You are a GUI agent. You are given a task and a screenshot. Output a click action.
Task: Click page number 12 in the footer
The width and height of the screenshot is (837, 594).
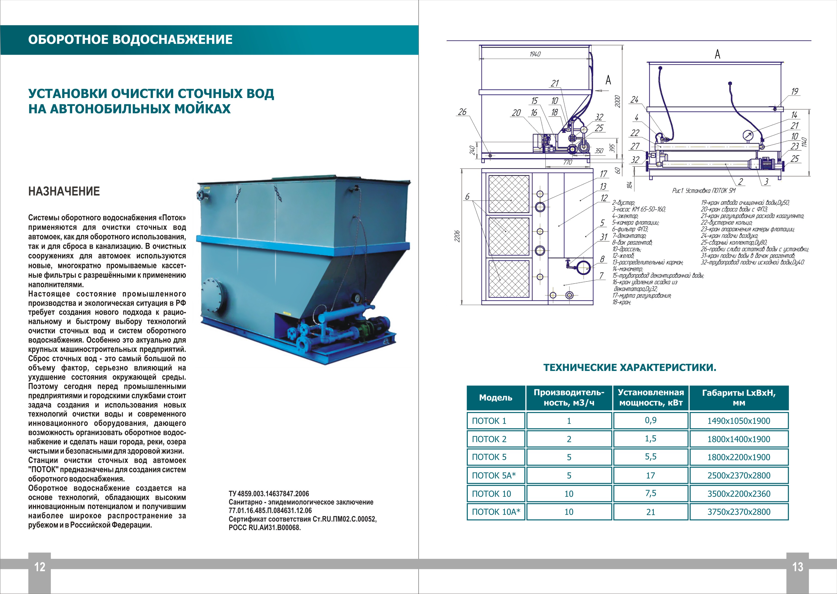click(40, 567)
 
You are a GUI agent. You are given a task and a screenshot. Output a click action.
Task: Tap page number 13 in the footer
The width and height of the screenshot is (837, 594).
click(797, 567)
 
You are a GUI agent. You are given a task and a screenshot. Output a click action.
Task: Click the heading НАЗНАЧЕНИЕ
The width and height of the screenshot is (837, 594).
click(64, 191)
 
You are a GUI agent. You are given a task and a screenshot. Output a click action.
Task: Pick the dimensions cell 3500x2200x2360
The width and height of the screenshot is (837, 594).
click(738, 494)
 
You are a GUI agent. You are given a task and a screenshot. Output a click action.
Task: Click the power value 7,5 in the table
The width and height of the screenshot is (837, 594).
click(650, 493)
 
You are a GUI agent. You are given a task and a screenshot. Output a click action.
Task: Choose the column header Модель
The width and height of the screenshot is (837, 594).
click(496, 398)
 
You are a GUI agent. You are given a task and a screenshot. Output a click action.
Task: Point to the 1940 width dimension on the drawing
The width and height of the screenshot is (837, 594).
click(535, 54)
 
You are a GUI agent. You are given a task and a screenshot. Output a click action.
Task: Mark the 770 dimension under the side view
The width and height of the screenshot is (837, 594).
click(567, 162)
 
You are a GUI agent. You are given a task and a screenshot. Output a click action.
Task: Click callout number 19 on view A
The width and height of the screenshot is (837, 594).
click(795, 91)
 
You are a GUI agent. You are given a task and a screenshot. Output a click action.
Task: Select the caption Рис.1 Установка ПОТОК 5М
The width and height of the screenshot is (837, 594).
click(703, 190)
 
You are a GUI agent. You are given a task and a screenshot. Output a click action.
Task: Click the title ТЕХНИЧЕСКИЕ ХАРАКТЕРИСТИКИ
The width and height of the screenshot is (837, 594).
click(630, 368)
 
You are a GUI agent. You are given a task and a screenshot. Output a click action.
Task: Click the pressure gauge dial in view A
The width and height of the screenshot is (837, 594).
click(748, 136)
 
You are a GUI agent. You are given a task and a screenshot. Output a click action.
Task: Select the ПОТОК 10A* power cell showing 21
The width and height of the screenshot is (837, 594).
click(650, 512)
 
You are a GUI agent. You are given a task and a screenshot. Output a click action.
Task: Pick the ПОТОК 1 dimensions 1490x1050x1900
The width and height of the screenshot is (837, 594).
click(738, 421)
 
